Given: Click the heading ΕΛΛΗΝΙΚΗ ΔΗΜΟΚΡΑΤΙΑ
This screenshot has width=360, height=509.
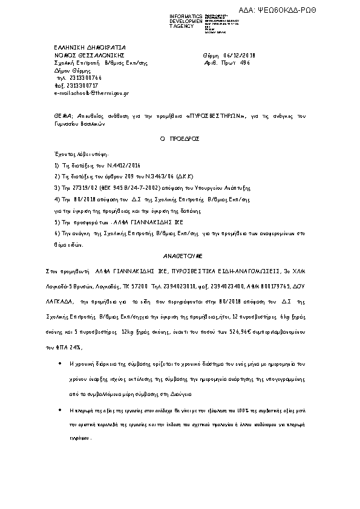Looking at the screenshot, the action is tap(81, 47).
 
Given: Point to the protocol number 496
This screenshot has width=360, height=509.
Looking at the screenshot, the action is tap(244, 62).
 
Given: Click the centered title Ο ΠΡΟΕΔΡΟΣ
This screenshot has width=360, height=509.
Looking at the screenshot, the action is tap(180, 138).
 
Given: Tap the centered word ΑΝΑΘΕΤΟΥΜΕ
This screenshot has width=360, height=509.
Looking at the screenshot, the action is tap(180, 256).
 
